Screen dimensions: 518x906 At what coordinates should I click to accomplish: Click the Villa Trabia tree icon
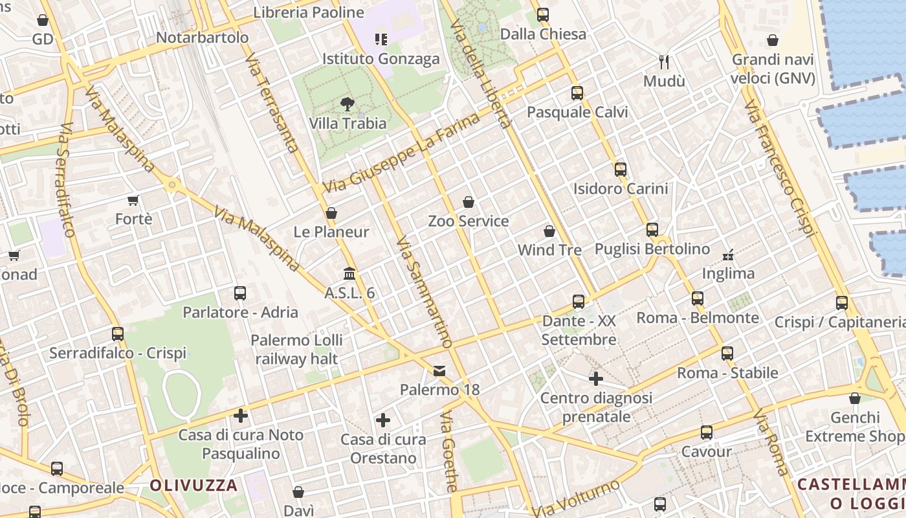click(348, 104)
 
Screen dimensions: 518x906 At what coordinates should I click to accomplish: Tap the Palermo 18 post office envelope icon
click(439, 371)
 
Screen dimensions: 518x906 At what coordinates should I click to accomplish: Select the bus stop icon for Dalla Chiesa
click(543, 14)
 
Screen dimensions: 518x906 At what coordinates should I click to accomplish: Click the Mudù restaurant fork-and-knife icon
click(663, 62)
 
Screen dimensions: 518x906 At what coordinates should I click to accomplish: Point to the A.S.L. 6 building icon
click(349, 273)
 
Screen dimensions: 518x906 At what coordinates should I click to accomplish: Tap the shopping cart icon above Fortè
click(133, 200)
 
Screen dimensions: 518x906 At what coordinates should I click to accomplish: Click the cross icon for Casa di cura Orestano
click(383, 420)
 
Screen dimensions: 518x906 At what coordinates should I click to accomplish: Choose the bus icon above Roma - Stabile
click(727, 354)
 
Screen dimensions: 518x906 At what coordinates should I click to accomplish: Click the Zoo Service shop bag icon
click(469, 202)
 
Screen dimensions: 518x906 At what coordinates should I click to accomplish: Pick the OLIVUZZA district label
click(194, 485)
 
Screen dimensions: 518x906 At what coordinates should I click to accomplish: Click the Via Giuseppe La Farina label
click(401, 153)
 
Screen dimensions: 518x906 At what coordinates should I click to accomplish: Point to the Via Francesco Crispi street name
click(781, 168)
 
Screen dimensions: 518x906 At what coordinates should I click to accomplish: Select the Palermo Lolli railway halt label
click(297, 349)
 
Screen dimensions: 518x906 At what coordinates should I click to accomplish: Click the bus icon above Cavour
click(707, 433)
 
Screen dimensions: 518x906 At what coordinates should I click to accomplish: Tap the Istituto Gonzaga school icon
click(381, 39)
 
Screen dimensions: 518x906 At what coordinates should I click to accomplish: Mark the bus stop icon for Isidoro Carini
click(621, 170)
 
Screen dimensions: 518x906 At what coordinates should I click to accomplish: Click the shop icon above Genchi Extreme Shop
click(855, 398)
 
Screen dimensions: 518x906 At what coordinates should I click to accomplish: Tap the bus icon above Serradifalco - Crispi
click(118, 334)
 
